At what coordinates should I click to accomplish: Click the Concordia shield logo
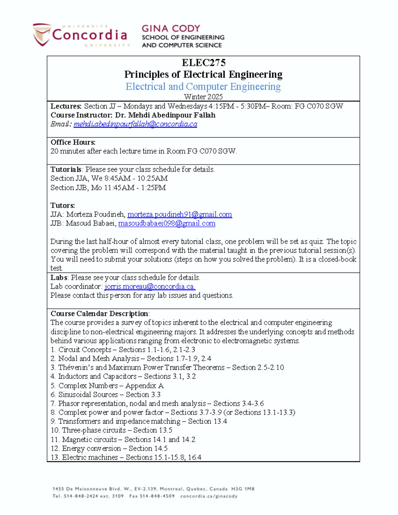(x=42, y=34)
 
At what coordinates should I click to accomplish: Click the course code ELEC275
(x=203, y=63)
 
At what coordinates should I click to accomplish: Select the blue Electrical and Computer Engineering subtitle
(x=203, y=87)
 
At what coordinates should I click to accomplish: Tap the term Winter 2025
(x=203, y=97)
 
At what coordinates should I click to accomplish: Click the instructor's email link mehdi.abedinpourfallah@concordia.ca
(x=135, y=124)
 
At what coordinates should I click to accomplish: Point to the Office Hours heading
(x=73, y=142)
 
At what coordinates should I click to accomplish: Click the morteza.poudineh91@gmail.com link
(x=179, y=215)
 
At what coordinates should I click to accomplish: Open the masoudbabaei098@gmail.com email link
(x=167, y=224)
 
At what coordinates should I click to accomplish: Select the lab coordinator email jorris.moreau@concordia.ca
(x=150, y=287)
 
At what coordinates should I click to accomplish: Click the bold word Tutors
(x=62, y=206)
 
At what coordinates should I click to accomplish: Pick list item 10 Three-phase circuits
(x=111, y=430)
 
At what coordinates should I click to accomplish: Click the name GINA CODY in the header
(x=171, y=29)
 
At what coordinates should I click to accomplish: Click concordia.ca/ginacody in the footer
(x=209, y=496)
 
